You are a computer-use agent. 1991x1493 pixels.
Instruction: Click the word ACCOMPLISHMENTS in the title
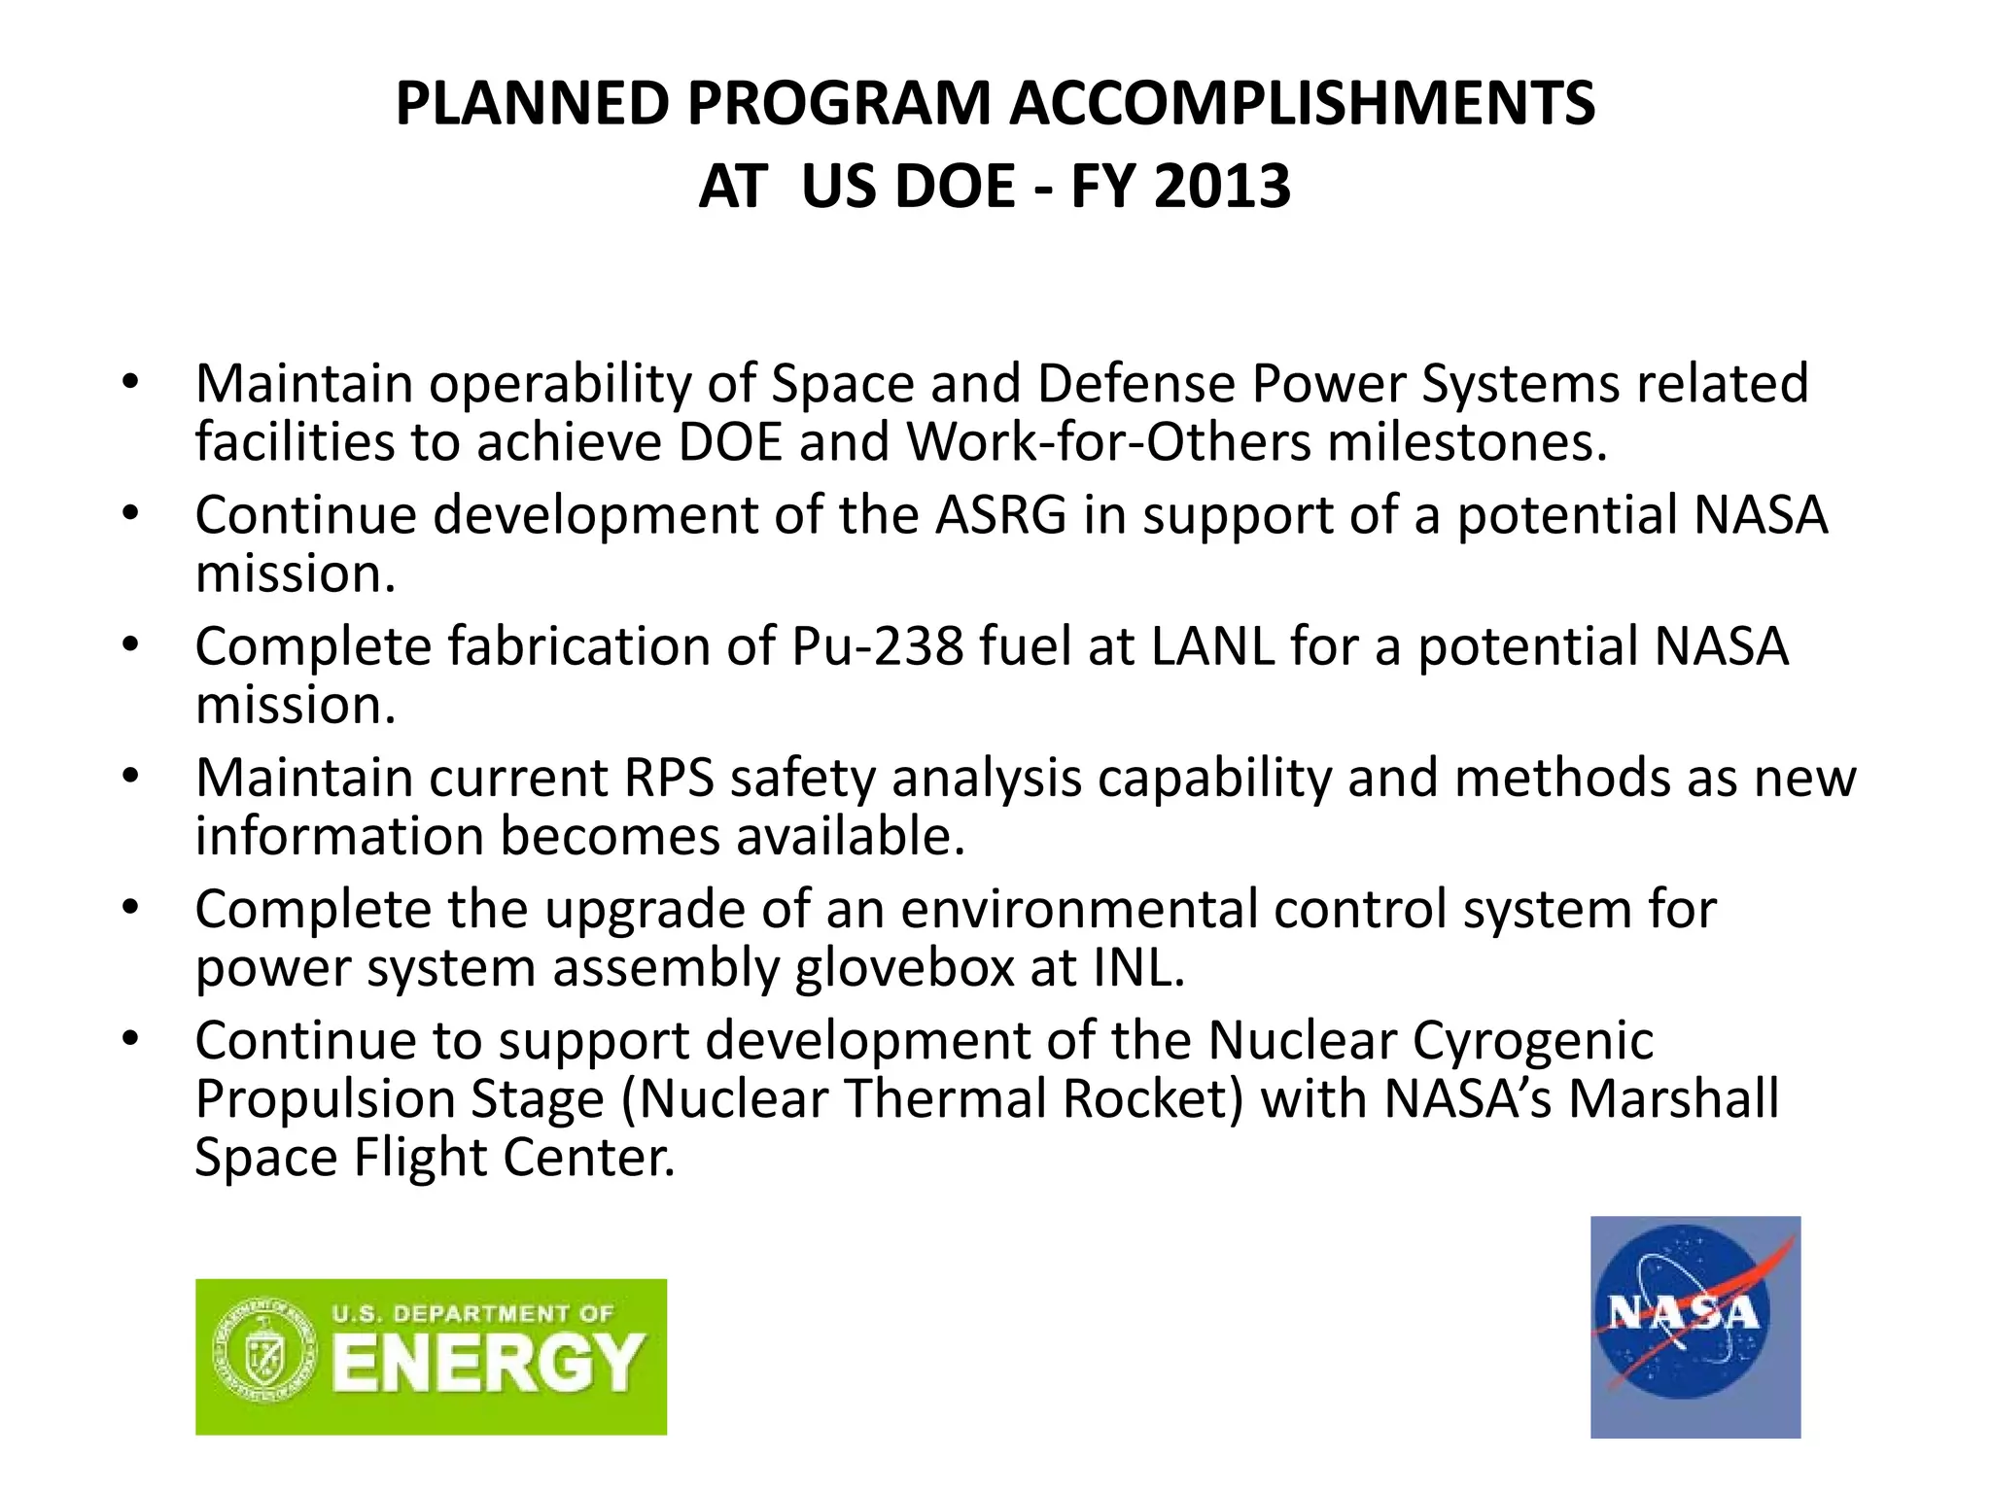1302,103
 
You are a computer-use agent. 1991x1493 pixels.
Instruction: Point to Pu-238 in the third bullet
877,645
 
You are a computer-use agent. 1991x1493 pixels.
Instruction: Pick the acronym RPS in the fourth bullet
669,778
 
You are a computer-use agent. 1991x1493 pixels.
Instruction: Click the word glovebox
904,968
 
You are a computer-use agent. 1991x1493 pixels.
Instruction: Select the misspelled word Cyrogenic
1532,1041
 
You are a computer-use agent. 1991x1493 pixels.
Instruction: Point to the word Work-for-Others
1109,442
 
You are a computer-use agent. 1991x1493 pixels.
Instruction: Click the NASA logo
1694,1326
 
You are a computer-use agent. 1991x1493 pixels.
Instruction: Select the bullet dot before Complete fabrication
131,643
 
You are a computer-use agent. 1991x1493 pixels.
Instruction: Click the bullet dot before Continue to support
131,1038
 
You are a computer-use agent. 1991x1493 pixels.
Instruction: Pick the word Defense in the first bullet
1135,383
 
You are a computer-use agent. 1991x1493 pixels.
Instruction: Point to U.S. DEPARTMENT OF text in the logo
472,1314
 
